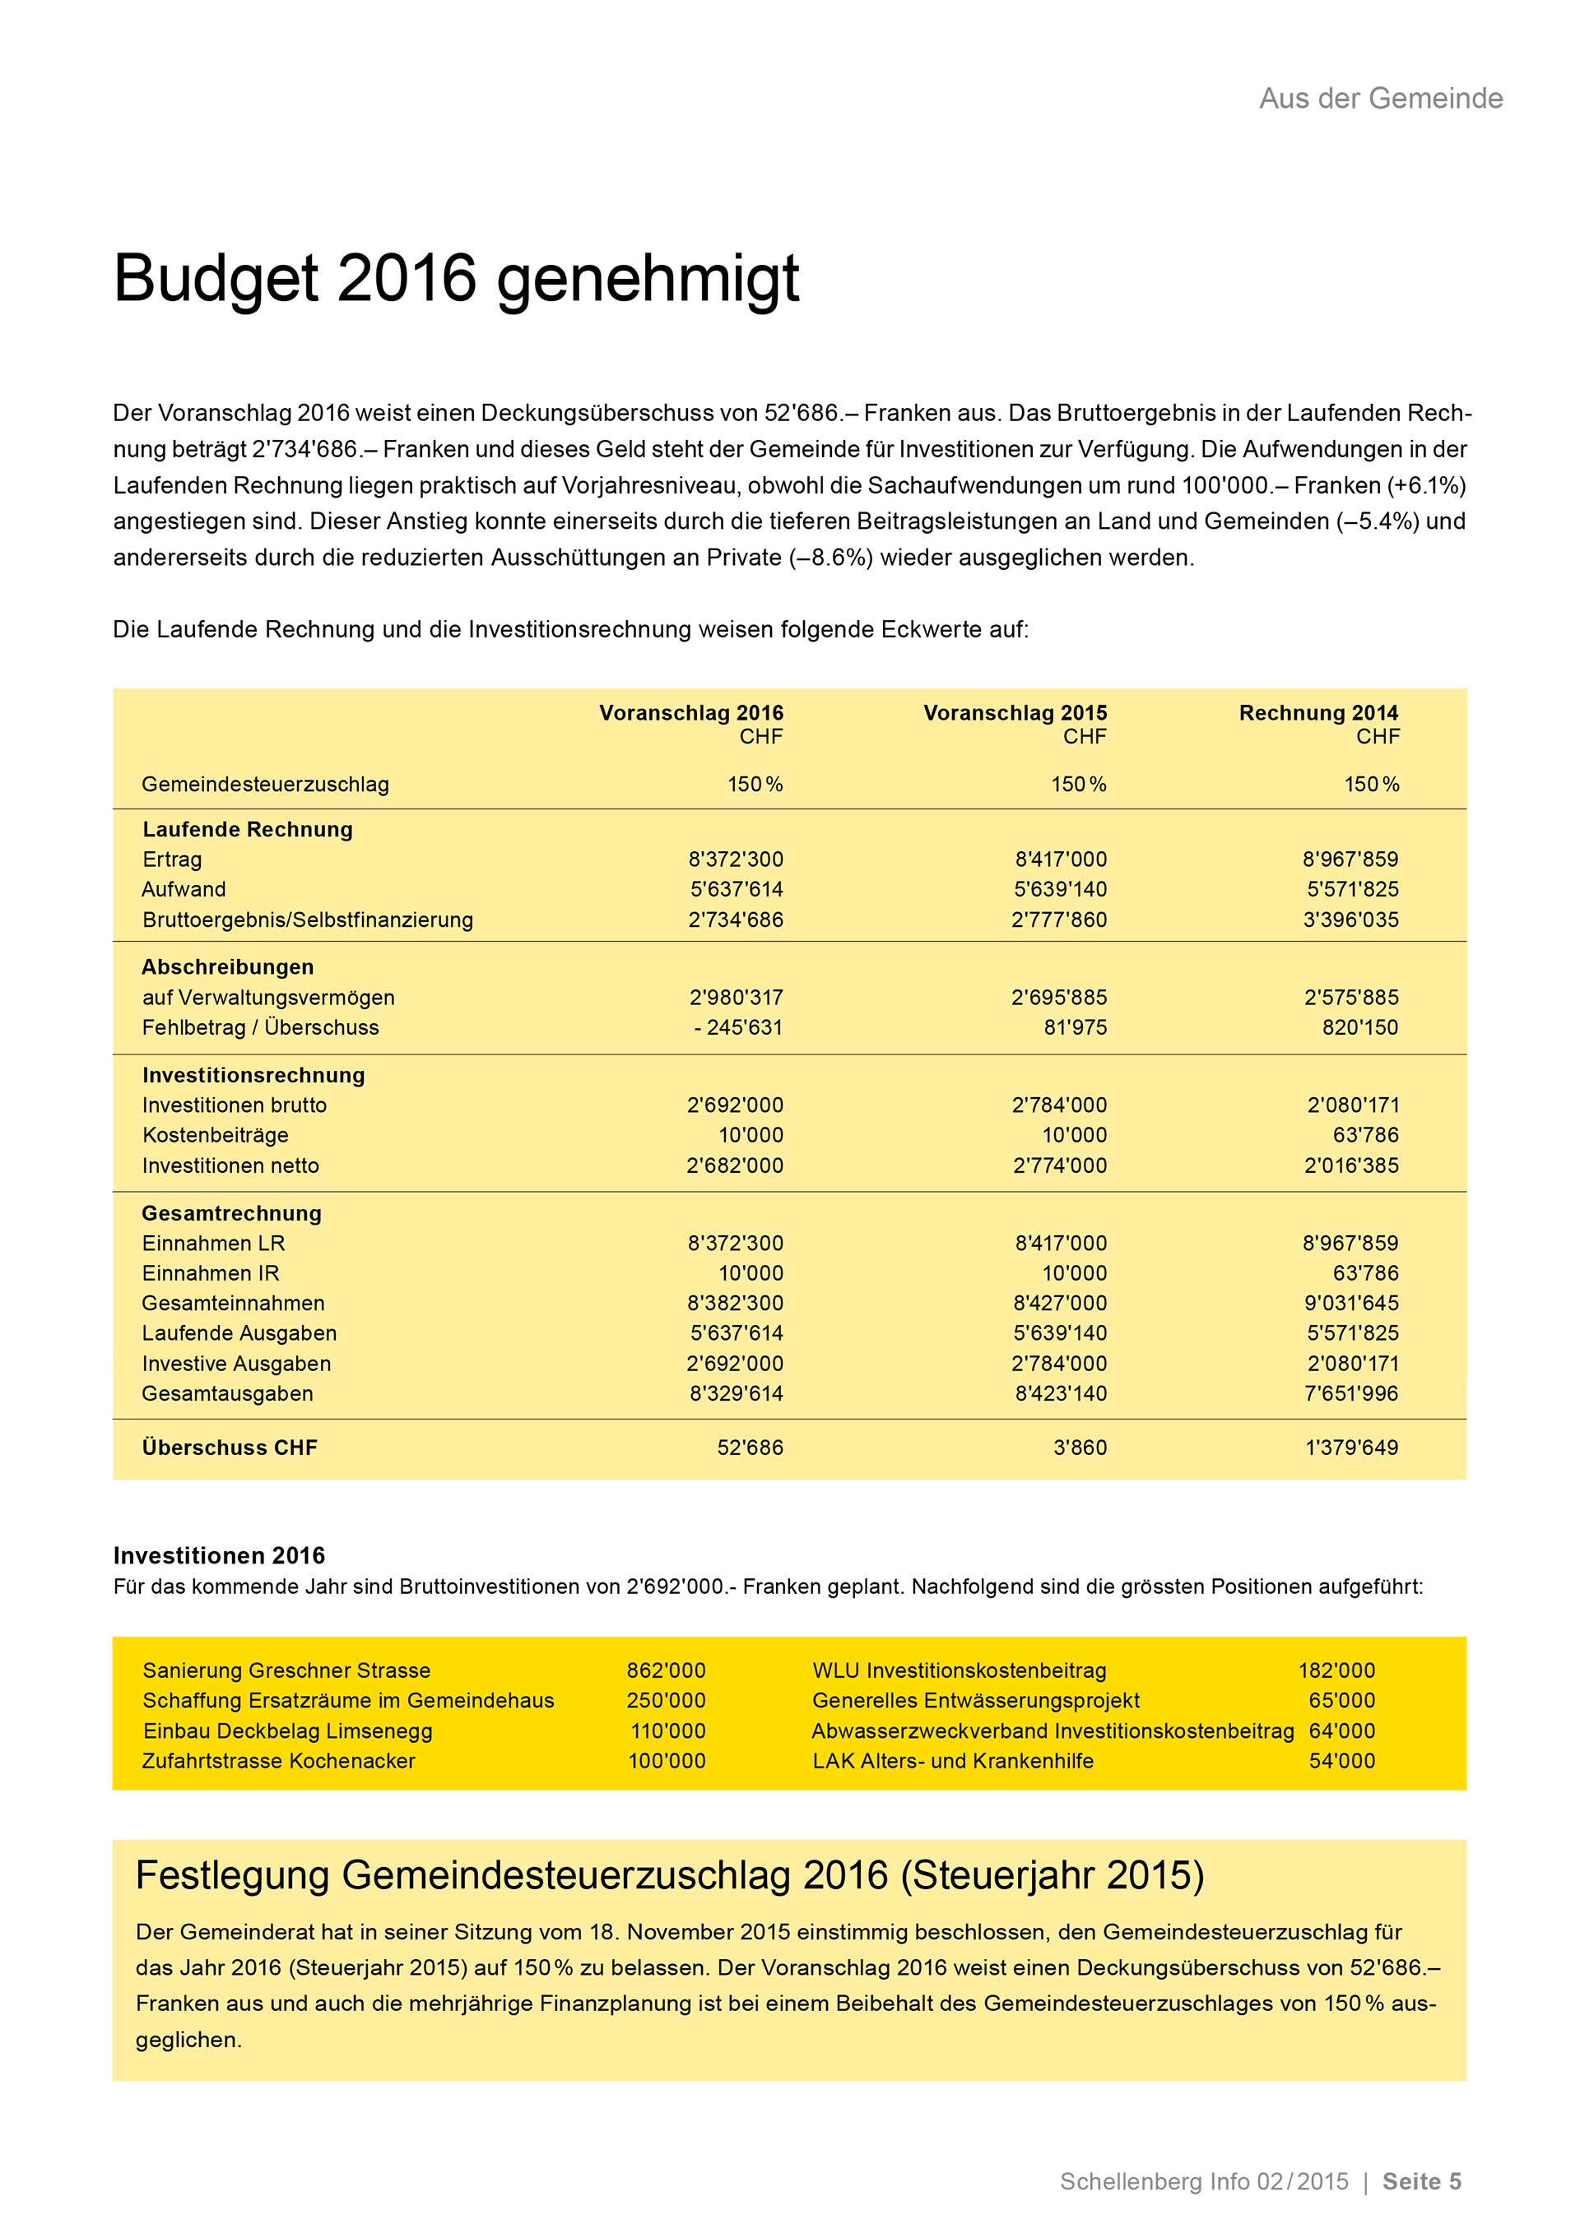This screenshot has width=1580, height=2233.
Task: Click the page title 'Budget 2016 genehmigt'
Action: pyautogui.click(x=455, y=279)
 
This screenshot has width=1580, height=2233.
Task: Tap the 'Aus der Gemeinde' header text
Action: pyautogui.click(x=1381, y=98)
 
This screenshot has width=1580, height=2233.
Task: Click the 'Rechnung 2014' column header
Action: pyautogui.click(x=1318, y=713)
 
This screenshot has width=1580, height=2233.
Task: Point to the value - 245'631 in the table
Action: pyautogui.click(x=738, y=1028)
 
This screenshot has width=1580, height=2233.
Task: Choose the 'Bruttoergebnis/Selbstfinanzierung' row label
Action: pyautogui.click(x=308, y=920)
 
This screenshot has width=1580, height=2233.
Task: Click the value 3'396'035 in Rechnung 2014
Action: pyautogui.click(x=1350, y=920)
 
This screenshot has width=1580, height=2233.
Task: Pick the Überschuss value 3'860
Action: pyautogui.click(x=1080, y=1448)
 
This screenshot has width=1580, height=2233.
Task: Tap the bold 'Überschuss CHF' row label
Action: pyautogui.click(x=230, y=1448)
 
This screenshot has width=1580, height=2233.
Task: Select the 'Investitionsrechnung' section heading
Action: pyautogui.click(x=254, y=1076)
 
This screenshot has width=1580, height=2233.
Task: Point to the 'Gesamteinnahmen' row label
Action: pyautogui.click(x=234, y=1304)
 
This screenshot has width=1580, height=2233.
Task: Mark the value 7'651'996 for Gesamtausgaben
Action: pyautogui.click(x=1350, y=1394)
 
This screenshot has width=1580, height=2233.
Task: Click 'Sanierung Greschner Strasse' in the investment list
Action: pyautogui.click(x=286, y=1671)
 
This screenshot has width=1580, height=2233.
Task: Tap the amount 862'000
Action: pyautogui.click(x=666, y=1671)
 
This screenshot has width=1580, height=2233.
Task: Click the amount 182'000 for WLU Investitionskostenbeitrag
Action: pyautogui.click(x=1336, y=1671)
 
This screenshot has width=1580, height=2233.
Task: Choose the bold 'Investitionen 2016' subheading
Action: pyautogui.click(x=219, y=1556)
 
